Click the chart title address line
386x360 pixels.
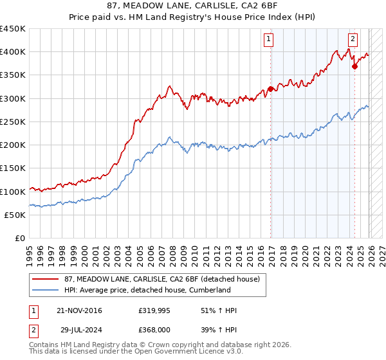193,6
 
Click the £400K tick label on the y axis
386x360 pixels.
13,52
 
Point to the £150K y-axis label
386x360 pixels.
13,168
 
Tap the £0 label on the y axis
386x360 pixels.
19,239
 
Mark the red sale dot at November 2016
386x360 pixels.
271,89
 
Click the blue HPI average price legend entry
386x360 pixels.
147,290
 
